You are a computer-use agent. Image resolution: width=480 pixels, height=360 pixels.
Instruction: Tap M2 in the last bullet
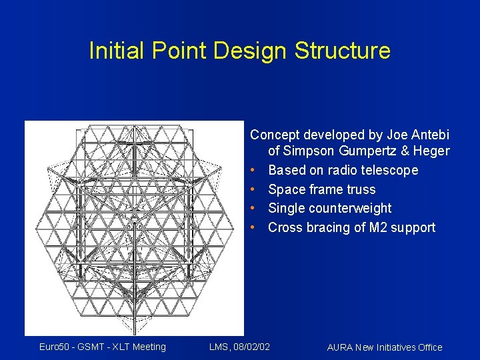(x=375, y=228)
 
